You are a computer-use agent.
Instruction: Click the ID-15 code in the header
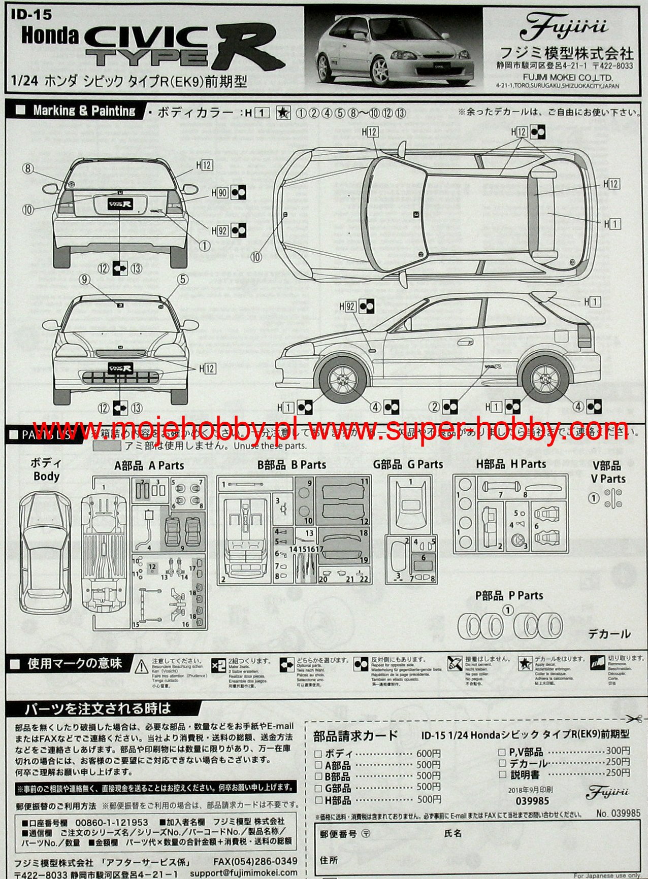pos(31,15)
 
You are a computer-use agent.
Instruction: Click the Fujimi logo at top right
pos(566,26)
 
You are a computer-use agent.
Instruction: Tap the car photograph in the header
pos(394,49)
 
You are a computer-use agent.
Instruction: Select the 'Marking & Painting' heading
pos(84,111)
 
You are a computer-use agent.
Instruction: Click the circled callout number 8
pos(27,168)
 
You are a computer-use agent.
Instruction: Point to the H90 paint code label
pos(222,193)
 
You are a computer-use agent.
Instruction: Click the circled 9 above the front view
pos(84,279)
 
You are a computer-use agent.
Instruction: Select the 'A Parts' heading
pos(149,465)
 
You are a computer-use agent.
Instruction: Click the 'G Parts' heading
pos(408,464)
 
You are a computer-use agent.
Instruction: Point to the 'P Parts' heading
pos(509,595)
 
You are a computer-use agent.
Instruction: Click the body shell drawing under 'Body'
pos(46,554)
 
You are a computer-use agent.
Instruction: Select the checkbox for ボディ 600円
pos(318,754)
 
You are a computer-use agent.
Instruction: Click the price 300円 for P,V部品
pos(618,751)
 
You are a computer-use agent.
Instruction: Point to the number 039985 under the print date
pos(532,801)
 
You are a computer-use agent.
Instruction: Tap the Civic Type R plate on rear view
pos(120,203)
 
